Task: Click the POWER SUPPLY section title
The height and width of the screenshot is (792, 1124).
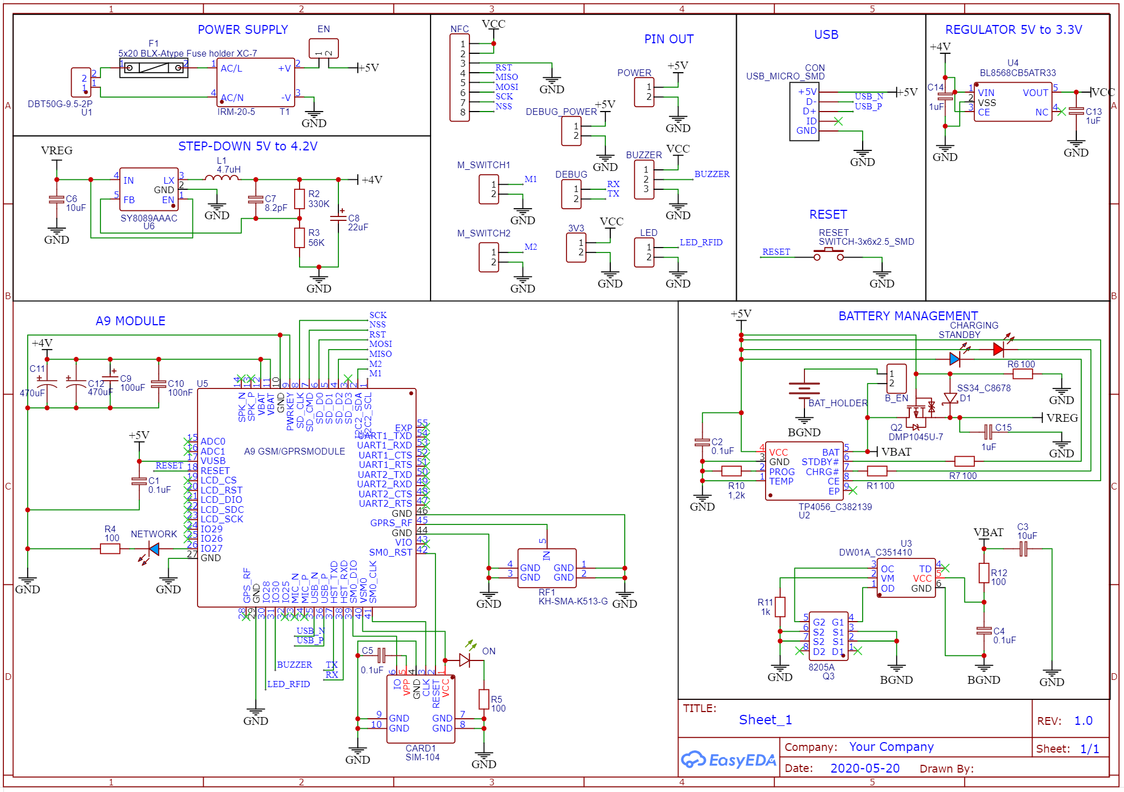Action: [242, 30]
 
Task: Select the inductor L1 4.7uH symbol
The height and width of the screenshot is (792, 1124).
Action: [222, 178]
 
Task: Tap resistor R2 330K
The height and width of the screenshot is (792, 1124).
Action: [300, 199]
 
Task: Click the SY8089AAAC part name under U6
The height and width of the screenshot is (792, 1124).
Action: [149, 218]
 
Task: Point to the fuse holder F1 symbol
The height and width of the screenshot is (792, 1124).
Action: [154, 68]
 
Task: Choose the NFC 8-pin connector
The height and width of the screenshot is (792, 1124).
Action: [459, 78]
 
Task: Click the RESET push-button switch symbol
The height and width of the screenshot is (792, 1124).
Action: [828, 255]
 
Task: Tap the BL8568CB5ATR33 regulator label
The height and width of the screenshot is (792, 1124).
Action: [1017, 73]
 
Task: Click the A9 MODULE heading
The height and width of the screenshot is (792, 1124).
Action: [130, 321]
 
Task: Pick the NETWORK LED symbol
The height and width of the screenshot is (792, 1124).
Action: [153, 549]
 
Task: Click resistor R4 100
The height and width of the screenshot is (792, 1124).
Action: [110, 549]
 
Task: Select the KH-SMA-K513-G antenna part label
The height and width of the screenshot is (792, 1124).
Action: [573, 602]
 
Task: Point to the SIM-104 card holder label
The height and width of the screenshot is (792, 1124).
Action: [422, 758]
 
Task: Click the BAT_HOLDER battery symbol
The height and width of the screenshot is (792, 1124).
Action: [804, 390]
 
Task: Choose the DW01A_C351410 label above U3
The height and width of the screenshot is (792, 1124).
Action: [875, 552]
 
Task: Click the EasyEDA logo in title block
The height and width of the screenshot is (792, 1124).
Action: [728, 760]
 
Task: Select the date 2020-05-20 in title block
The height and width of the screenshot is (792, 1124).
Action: [864, 769]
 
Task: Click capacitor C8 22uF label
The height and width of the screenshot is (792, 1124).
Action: [358, 223]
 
